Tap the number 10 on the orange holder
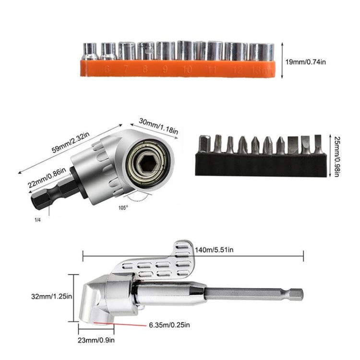(x=187, y=70)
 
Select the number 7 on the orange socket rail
(x=126, y=69)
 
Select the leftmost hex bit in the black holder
(x=205, y=144)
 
